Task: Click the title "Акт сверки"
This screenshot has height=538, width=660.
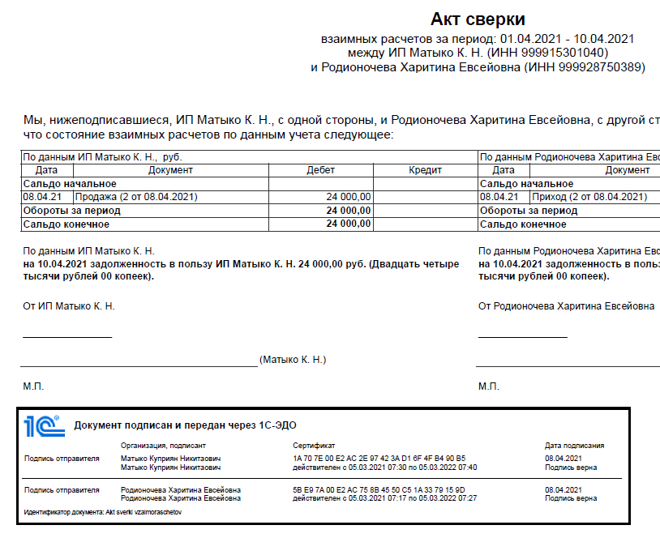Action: pyautogui.click(x=478, y=19)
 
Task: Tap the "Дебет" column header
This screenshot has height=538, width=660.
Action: pyautogui.click(x=320, y=171)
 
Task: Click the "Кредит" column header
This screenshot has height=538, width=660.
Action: pyautogui.click(x=425, y=171)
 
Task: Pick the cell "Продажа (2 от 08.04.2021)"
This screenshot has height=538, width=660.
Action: pyautogui.click(x=136, y=197)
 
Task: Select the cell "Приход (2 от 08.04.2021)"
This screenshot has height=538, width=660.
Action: pyautogui.click(x=589, y=197)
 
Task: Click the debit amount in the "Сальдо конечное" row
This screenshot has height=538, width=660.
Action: pyautogui.click(x=349, y=224)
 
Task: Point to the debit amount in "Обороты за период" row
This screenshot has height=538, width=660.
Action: pyautogui.click(x=349, y=211)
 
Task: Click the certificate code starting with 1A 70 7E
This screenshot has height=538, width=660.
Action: pyautogui.click(x=379, y=459)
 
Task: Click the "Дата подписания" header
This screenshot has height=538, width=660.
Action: pyautogui.click(x=574, y=445)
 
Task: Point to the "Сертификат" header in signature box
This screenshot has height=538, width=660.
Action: pyautogui.click(x=313, y=445)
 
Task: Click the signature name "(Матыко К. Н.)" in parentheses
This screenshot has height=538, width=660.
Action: pyautogui.click(x=293, y=360)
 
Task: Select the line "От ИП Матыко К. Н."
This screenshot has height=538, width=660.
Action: pyautogui.click(x=69, y=305)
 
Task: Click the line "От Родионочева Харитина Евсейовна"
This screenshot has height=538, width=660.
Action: pyautogui.click(x=566, y=305)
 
